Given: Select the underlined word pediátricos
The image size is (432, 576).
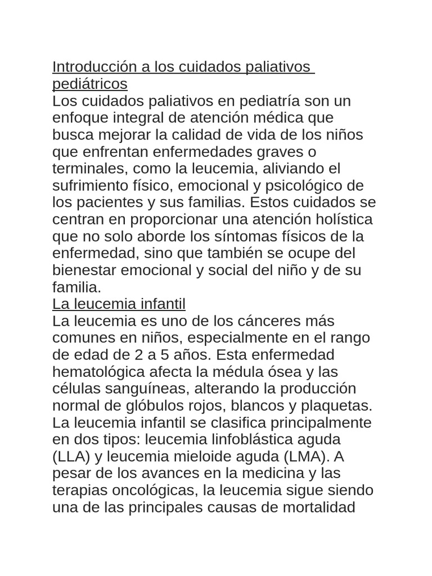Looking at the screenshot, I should coord(90,84).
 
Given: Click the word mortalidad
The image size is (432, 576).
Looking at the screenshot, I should coord(315,507).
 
